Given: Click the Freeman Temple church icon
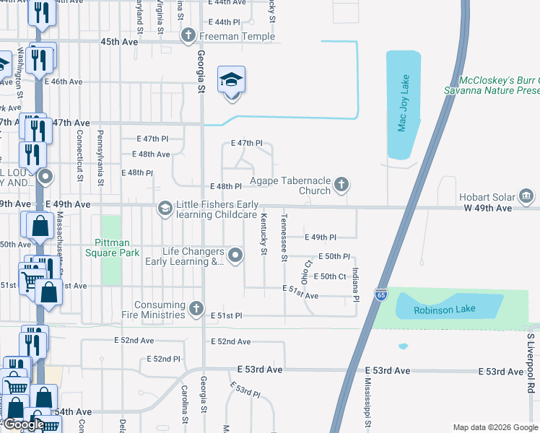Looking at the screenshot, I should click(188, 36).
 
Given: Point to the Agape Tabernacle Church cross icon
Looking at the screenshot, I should click(341, 185).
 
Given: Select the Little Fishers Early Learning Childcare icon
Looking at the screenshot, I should click(165, 209).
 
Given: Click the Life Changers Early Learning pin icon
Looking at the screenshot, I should click(235, 255).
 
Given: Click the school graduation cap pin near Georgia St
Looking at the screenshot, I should click(232, 79).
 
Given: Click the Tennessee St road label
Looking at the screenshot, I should click(284, 237).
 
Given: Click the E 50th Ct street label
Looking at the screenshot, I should click(334, 276).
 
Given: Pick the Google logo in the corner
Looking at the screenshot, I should click(24, 424).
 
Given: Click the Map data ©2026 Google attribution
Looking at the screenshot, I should click(495, 427).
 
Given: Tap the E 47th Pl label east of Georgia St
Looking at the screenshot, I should click(246, 144).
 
